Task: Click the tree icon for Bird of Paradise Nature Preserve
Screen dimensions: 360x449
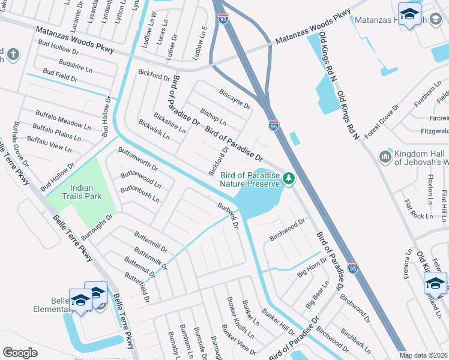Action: (x=289, y=178)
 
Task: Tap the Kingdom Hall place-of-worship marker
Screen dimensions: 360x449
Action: (x=385, y=157)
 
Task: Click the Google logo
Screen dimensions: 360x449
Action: (x=20, y=353)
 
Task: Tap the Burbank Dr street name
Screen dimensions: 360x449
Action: (x=228, y=217)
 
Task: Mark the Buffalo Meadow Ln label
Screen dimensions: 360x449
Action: (x=62, y=120)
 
